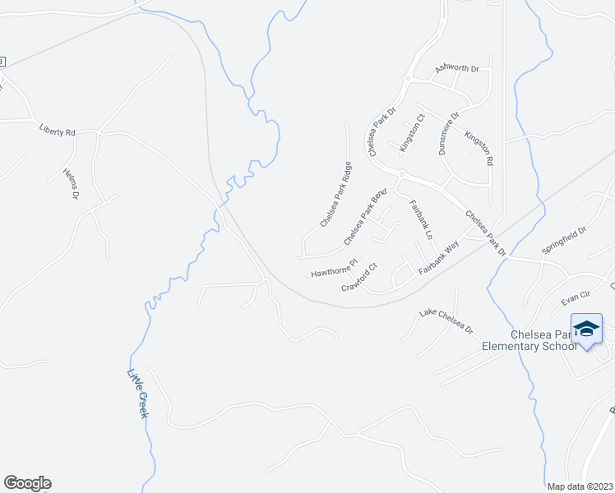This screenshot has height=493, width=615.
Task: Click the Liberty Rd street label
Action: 58,130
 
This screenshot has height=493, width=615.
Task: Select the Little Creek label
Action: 137,394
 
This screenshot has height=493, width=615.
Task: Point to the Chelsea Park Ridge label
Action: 336,195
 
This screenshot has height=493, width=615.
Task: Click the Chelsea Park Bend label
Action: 365,217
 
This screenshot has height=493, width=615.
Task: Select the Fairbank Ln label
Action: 420,220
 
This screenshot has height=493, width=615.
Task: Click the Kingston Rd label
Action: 479,149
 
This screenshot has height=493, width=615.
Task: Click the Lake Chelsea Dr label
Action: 446,320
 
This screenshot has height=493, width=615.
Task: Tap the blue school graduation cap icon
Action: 586,329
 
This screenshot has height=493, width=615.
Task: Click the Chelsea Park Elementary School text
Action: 542,340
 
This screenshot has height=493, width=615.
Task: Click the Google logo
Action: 27,483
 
